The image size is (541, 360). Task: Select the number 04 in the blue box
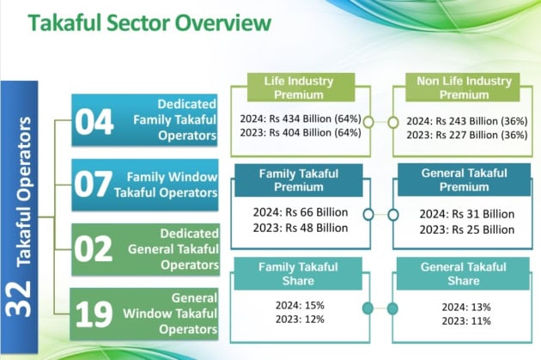(x=94, y=123)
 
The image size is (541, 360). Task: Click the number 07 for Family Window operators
(x=94, y=186)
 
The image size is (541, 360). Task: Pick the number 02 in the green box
(x=94, y=248)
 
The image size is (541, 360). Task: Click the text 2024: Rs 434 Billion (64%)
(x=301, y=119)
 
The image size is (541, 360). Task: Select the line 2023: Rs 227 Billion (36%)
(x=465, y=135)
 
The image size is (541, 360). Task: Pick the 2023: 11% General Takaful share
(x=465, y=322)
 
